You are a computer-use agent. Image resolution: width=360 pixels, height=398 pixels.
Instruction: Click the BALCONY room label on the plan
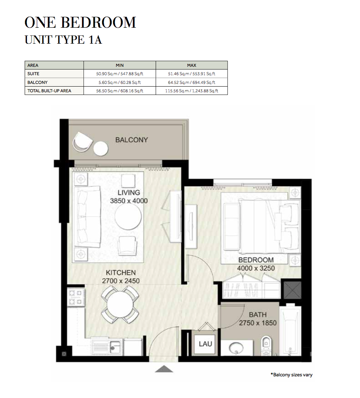point(131,140)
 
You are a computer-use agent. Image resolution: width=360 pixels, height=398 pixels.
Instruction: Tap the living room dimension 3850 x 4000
point(129,201)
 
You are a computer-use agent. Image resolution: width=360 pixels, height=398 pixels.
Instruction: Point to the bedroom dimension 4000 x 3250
point(256,268)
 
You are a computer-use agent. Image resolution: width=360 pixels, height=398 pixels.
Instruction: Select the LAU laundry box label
point(205,344)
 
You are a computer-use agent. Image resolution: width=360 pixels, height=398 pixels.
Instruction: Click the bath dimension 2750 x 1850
point(258,323)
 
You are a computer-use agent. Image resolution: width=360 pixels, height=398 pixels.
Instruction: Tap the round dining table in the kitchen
point(120,305)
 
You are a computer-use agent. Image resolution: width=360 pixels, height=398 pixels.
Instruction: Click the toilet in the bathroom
point(266,345)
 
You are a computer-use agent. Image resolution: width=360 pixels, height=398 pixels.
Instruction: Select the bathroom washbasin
point(236,348)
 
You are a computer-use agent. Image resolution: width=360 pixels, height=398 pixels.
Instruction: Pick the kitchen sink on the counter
point(115,347)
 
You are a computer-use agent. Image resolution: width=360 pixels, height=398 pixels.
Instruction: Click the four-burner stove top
point(76,297)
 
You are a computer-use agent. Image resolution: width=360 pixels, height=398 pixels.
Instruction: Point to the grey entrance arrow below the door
point(164,369)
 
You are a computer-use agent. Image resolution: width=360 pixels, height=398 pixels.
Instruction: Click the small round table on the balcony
point(101,148)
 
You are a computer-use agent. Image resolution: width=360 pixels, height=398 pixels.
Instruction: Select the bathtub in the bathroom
point(290,330)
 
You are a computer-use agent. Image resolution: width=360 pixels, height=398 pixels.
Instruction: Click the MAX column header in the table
point(191,65)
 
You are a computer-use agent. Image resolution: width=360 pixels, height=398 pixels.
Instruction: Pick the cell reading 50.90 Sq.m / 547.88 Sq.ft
point(120,74)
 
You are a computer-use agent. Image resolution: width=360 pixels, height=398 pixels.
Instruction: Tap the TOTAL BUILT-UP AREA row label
point(49,91)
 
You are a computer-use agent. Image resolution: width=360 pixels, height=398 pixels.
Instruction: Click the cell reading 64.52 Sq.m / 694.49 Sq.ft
point(192,82)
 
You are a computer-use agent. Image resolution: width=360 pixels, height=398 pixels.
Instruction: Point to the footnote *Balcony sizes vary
point(291,375)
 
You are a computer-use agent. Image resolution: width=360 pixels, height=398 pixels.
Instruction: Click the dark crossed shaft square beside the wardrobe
point(292,290)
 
